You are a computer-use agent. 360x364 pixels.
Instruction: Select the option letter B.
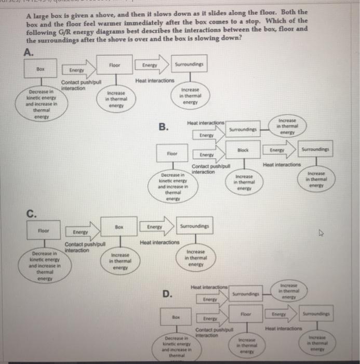[x=164, y=127]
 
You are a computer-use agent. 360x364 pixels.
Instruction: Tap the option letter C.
[x=32, y=211]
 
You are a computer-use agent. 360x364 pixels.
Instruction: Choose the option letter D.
[x=167, y=294]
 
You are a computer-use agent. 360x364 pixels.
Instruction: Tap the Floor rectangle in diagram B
[x=172, y=154]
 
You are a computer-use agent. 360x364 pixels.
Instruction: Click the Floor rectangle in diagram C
[x=43, y=230]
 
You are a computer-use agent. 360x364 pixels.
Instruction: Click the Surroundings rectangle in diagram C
[x=194, y=227]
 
